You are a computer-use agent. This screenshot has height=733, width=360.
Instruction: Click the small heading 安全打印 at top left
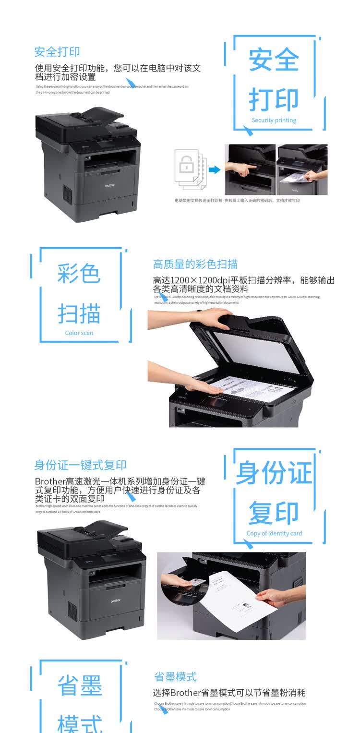pos(57,52)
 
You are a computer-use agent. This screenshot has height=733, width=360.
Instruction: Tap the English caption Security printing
pos(274,120)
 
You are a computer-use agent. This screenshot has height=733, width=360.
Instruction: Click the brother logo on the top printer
pos(110,184)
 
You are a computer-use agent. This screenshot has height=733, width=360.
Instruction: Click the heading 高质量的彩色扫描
pos(195,264)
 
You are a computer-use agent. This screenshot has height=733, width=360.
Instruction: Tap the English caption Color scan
pos(79,333)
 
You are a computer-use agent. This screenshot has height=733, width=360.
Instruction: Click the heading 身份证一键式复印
pos(80,465)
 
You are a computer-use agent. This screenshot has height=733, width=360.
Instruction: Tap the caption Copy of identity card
pos(274,533)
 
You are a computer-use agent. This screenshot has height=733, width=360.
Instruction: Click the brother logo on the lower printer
pos(116,601)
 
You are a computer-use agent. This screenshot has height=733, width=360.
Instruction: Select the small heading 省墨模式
pos(175,677)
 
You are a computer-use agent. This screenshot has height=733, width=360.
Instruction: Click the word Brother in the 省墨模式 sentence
pos(185,693)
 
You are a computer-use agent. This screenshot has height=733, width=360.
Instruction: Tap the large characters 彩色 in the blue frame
pos(79,274)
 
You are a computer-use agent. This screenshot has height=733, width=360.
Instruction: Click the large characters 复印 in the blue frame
pos(274,513)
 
